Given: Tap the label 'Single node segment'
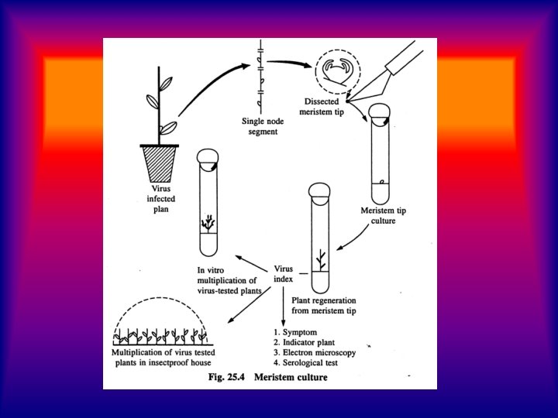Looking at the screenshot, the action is tap(260, 126).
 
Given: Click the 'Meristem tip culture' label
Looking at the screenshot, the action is tap(384, 215).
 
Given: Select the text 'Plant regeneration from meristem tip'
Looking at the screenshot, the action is tap(332, 303).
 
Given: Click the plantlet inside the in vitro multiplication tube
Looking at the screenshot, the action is tap(208, 222).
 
